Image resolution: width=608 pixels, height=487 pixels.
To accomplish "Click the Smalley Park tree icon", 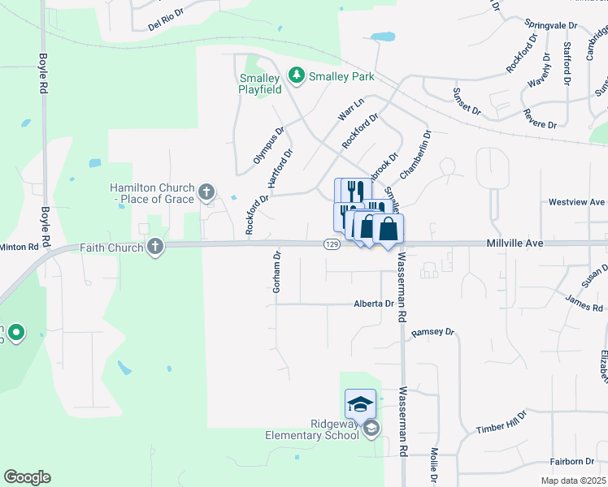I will (297, 76).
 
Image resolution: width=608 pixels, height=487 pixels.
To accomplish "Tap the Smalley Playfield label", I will (259, 84).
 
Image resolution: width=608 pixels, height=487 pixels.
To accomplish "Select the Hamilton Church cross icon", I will (206, 192).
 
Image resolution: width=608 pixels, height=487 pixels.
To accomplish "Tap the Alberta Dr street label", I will (373, 304).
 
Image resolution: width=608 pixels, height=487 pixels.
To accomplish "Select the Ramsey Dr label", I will (432, 332).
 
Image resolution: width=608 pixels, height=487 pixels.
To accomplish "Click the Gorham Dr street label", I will (277, 271).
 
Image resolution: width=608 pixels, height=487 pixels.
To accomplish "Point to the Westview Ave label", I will (576, 201).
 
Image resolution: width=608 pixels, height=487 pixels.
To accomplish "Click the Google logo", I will (27, 477).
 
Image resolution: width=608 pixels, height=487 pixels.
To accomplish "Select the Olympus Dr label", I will (268, 144).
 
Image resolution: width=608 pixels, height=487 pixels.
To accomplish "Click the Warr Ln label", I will (350, 108).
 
